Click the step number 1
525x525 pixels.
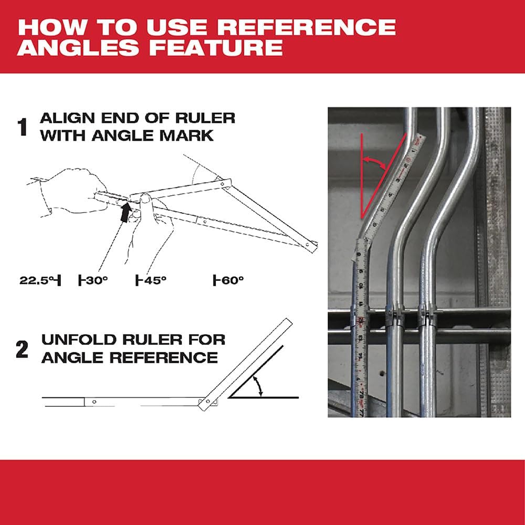[23, 128]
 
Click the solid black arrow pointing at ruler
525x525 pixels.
[124, 213]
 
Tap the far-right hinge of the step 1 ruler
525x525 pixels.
[313, 244]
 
